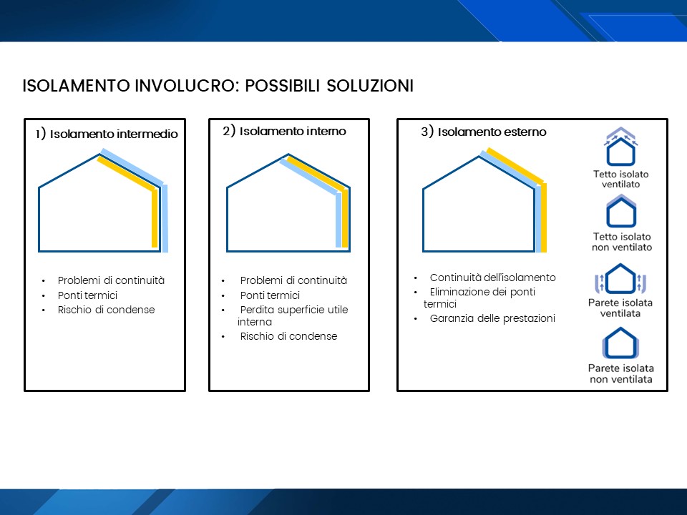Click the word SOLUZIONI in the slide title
click(370, 86)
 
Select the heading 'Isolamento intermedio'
click(114, 134)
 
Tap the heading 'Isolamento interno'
click(293, 131)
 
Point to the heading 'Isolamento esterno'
click(492, 132)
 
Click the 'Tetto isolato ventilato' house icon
click(621, 146)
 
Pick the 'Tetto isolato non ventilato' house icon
click(621, 212)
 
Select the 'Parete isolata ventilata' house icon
click(621, 278)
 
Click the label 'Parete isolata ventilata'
click(620, 308)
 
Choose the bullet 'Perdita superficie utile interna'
click(293, 315)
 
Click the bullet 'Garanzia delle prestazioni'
click(492, 318)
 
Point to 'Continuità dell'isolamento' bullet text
click(492, 278)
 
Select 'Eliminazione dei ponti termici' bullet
click(479, 298)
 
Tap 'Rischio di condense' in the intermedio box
click(106, 310)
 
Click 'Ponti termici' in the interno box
click(270, 295)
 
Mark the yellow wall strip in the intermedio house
click(155, 219)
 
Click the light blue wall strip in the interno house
click(338, 220)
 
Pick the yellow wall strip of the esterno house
click(544, 217)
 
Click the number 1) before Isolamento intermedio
click(41, 134)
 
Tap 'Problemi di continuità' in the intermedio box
click(112, 280)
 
